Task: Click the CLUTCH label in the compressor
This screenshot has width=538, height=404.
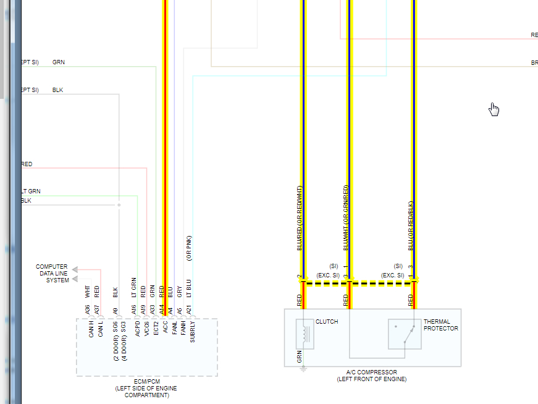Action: (x=327, y=322)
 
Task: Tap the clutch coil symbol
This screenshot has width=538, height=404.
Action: (x=305, y=334)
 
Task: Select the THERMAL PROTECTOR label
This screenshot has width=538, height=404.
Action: (x=440, y=325)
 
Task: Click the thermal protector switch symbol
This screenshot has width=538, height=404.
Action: (x=405, y=334)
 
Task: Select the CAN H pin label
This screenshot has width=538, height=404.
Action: (x=91, y=329)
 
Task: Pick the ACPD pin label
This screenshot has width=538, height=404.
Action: (x=137, y=329)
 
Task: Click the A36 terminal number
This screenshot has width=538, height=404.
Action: (x=88, y=309)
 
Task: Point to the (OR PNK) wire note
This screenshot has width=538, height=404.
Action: (x=189, y=248)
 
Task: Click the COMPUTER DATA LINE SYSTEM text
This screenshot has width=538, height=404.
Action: (x=52, y=274)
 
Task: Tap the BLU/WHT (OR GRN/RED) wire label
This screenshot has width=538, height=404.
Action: (x=346, y=217)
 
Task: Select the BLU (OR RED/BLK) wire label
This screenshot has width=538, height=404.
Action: (x=410, y=225)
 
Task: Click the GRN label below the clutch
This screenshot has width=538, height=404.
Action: (x=300, y=356)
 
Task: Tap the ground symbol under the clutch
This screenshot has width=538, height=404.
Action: (x=303, y=369)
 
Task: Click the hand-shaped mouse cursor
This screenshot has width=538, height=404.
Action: (x=494, y=109)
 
